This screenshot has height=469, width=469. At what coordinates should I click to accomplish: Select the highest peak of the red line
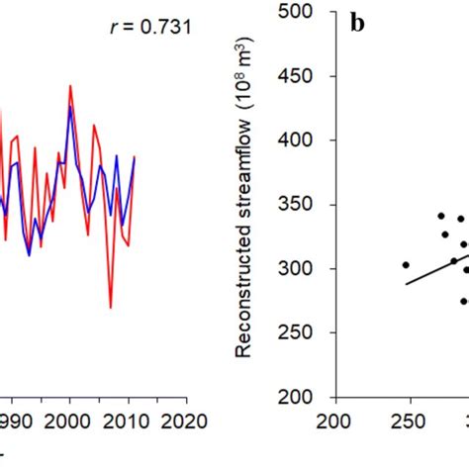click(x=70, y=86)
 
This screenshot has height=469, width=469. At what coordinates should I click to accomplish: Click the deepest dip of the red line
click(x=110, y=308)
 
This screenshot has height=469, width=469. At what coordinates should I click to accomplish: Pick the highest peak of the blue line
click(x=70, y=107)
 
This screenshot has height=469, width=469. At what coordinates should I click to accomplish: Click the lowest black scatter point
click(x=463, y=301)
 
